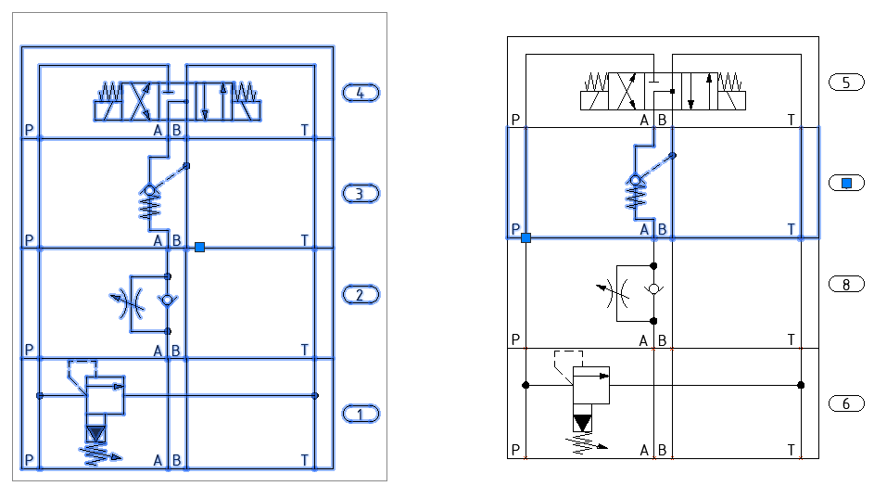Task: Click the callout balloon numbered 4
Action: (361, 92)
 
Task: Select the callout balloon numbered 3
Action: (361, 194)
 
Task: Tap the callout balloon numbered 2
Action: (361, 296)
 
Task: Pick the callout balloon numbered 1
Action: (361, 413)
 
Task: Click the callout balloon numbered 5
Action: (846, 83)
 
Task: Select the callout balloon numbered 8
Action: (846, 285)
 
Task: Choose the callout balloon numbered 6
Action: (846, 403)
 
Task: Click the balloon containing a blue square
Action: (846, 184)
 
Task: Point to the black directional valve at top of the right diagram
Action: (663, 91)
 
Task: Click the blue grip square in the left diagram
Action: (199, 247)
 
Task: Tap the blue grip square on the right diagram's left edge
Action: (526, 237)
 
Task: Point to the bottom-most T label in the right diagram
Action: (791, 450)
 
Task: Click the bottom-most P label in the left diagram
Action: (30, 459)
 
